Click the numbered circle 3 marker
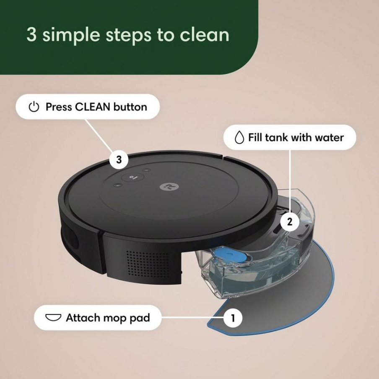pos(119,159)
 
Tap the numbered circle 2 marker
pos(290,222)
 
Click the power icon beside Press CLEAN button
pos(34,107)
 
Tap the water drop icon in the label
pos(239,138)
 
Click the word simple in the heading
pos(69,35)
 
